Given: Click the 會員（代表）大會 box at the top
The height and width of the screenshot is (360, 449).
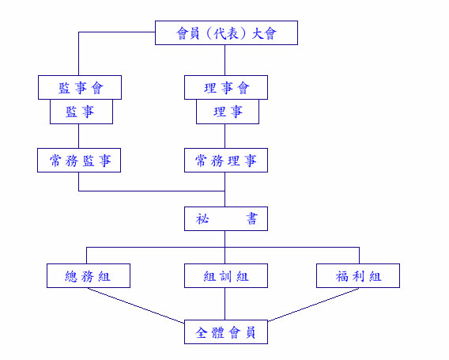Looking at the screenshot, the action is point(226,32).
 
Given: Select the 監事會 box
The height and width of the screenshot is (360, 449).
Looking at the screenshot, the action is point(80,87).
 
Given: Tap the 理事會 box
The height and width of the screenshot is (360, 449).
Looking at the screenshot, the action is point(226,87).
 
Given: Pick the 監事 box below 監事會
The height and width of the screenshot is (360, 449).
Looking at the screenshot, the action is point(81,112).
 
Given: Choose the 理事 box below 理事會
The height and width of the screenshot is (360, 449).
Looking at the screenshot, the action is point(228,112).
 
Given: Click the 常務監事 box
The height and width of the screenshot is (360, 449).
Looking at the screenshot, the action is point(79,161).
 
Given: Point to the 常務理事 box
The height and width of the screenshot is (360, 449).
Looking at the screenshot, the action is point(226,161).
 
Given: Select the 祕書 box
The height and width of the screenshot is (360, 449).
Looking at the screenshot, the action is point(226,218).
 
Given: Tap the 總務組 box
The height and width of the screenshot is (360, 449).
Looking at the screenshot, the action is point(89,275).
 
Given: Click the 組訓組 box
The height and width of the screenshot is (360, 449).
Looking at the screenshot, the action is point(226,275).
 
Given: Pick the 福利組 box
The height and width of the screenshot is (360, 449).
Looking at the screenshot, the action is point(358,275).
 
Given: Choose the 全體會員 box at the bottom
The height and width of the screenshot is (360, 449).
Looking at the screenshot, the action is point(226,332).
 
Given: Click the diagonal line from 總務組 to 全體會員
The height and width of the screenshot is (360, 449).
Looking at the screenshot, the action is point(136,305).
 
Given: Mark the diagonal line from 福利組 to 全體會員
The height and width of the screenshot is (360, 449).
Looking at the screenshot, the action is point(313,305).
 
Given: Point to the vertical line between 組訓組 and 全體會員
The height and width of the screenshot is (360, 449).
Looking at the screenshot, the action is point(224,304).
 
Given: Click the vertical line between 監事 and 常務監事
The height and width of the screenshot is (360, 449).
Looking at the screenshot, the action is point(79,136).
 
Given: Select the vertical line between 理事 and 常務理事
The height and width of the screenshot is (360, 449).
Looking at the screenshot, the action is point(224,136).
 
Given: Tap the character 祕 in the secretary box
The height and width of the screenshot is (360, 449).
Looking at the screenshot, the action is point(202,218).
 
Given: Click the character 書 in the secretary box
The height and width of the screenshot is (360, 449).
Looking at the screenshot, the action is point(251,218).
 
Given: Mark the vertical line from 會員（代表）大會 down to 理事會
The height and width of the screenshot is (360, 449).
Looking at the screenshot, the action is point(224,60).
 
